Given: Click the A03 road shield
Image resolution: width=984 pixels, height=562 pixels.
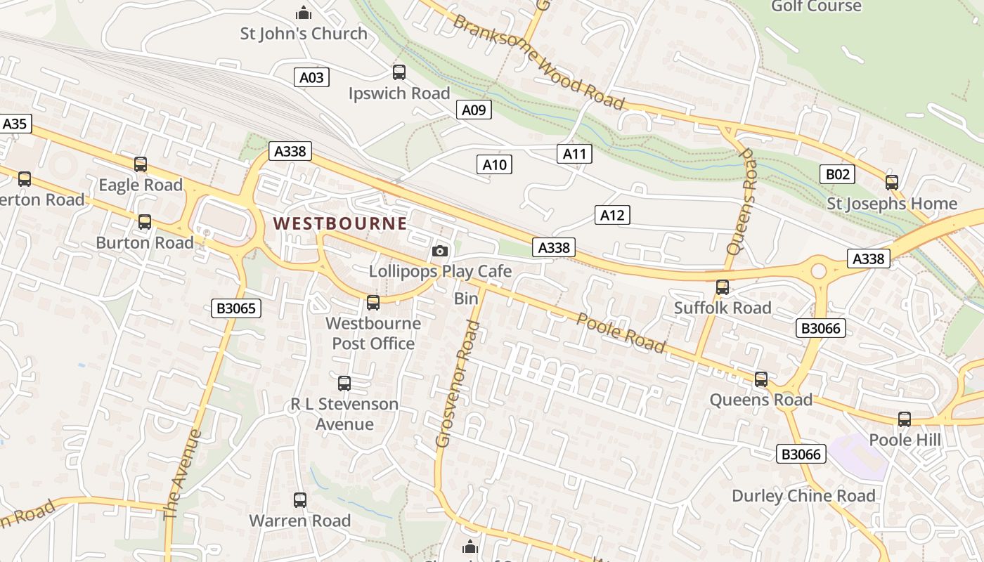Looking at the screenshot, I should (311, 77).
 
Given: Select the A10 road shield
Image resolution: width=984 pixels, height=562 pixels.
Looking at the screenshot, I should (495, 165).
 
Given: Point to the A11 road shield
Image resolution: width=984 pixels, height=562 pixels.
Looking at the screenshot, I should (574, 154).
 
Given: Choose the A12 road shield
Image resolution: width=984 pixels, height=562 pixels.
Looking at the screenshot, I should (612, 215).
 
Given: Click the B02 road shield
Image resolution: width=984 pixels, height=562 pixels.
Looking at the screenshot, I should (836, 174).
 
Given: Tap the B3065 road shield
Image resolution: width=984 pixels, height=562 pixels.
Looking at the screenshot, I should (235, 308).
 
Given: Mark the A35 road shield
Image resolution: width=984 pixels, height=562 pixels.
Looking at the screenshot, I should (14, 124).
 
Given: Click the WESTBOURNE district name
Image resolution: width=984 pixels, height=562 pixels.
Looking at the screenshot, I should (340, 223).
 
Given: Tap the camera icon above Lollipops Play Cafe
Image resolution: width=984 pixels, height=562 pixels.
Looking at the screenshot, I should (440, 251).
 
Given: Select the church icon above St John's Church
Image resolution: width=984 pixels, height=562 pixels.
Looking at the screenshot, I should (304, 13).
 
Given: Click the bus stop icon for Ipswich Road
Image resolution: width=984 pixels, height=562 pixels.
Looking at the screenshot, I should (399, 72).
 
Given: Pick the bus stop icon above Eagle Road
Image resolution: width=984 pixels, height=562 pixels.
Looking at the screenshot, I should (141, 164).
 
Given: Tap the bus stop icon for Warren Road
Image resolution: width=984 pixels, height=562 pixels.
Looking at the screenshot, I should (300, 500).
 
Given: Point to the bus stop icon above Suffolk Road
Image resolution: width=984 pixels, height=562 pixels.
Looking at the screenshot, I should (723, 287).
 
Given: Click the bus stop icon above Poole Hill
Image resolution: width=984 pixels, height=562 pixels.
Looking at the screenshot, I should (905, 419).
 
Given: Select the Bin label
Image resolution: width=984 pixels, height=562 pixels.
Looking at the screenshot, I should (466, 299).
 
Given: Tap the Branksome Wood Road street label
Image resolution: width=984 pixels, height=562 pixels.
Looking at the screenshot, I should (539, 62).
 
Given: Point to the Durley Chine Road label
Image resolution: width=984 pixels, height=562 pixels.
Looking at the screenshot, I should (803, 496).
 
